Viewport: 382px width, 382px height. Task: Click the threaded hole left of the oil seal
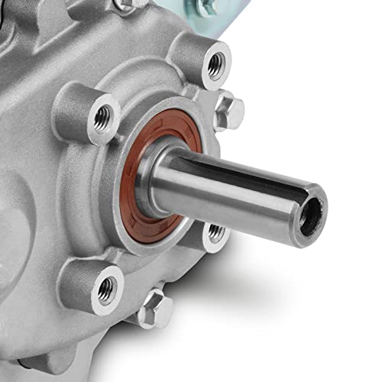coord(103,116)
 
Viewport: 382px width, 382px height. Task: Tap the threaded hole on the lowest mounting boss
coord(107,289)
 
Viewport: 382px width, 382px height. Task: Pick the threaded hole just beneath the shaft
coord(217,233)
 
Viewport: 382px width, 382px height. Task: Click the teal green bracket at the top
coord(229,19)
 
